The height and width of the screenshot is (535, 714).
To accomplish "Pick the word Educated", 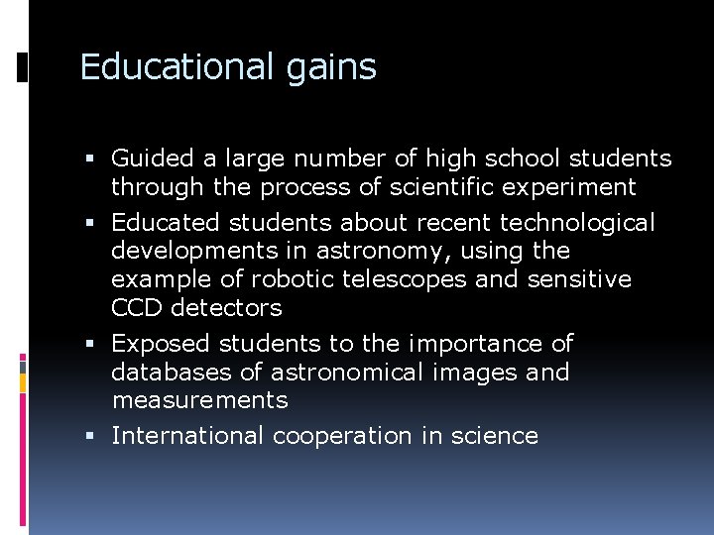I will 160,223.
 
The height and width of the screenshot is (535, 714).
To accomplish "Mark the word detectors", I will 227,308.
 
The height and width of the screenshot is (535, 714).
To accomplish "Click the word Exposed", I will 161,344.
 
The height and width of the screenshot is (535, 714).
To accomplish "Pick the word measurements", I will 199,400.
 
